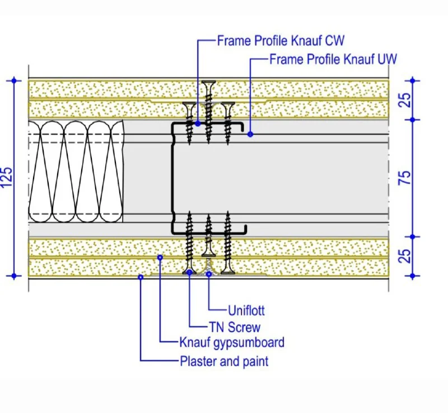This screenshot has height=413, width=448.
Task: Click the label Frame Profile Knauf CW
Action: click(281, 41)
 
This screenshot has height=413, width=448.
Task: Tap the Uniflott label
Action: click(246, 310)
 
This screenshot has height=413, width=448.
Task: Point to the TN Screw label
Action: click(235, 327)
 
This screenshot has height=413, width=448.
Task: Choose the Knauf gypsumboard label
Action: click(232, 343)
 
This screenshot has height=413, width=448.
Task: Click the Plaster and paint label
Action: click(224, 361)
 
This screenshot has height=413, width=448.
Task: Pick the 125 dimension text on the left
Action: click(7, 178)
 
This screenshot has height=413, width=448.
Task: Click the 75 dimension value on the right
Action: click(408, 178)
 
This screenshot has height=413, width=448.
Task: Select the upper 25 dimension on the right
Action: click(408, 99)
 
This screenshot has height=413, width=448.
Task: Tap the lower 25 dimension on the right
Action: click(408, 255)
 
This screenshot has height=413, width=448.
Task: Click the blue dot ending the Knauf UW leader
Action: click(250, 134)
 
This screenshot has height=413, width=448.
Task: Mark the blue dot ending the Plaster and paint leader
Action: click(141, 276)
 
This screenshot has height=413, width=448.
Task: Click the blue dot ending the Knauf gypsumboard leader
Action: click(160, 257)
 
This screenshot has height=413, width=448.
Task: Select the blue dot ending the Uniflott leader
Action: click(209, 274)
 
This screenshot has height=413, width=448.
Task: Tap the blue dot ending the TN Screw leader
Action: click(190, 272)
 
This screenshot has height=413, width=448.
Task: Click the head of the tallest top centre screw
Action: click(209, 84)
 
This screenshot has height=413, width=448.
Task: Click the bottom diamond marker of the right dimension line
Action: click(413, 276)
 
